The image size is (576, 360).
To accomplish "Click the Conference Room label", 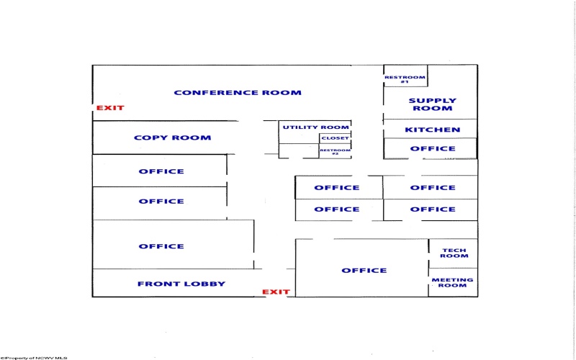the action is pyautogui.click(x=238, y=93).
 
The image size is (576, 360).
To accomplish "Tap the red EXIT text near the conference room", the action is pyautogui.click(x=110, y=108).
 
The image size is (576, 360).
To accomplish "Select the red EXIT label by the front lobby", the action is pyautogui.click(x=276, y=292).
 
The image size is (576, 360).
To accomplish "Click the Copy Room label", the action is pyautogui.click(x=172, y=138).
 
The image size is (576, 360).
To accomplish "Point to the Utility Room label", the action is pyautogui.click(x=315, y=127).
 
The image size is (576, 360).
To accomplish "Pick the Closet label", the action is pyautogui.click(x=335, y=138).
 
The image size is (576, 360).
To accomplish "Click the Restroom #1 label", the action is pyautogui.click(x=405, y=79).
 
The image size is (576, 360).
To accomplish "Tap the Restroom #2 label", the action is pyautogui.click(x=335, y=152).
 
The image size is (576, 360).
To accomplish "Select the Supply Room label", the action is pyautogui.click(x=433, y=104).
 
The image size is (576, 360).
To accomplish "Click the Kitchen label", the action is pyautogui.click(x=433, y=130).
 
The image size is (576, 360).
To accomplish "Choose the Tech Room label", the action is pyautogui.click(x=454, y=253).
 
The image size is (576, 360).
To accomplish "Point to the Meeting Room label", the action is pyautogui.click(x=452, y=282).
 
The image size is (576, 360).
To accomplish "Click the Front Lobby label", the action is pyautogui.click(x=181, y=284).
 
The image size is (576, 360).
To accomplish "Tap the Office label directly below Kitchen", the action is pyautogui.click(x=433, y=149).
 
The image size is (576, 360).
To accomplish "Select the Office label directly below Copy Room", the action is pyautogui.click(x=161, y=171).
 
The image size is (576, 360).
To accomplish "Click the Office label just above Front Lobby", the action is pyautogui.click(x=161, y=246).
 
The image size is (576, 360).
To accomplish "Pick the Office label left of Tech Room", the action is pyautogui.click(x=364, y=271).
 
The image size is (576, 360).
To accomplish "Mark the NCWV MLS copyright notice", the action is pyautogui.click(x=33, y=358).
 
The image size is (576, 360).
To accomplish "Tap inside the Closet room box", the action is pyautogui.click(x=335, y=138).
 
